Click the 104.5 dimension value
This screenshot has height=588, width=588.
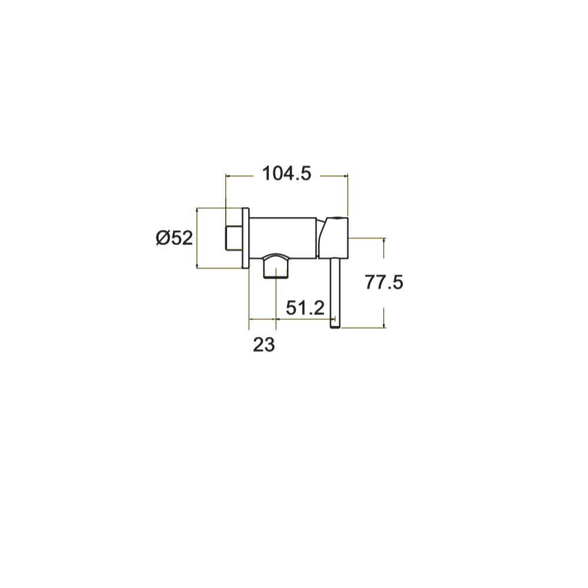(287, 173)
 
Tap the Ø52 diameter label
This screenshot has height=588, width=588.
(175, 238)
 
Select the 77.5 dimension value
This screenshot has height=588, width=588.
(384, 282)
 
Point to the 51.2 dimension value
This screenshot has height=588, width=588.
(305, 308)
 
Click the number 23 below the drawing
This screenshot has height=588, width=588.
(264, 345)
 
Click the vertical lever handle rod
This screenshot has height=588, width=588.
(335, 293)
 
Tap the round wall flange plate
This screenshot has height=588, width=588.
(245, 238)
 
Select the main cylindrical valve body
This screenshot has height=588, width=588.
(283, 238)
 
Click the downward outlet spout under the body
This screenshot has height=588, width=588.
(276, 266)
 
